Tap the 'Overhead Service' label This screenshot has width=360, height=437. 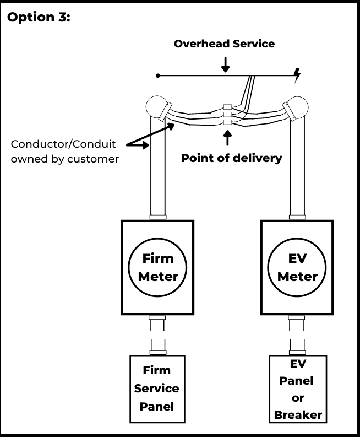[224, 44]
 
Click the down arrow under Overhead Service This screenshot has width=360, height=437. [225, 64]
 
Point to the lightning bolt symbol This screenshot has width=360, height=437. [298, 75]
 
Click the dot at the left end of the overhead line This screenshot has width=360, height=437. [158, 75]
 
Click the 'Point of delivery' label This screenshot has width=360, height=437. [231, 158]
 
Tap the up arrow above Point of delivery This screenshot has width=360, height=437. [227, 138]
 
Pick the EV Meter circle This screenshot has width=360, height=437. [298, 267]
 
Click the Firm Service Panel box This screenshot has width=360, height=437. [157, 389]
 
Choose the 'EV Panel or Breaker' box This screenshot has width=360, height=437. [298, 389]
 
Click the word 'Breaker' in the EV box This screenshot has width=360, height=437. [298, 414]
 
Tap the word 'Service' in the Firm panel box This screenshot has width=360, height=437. [157, 389]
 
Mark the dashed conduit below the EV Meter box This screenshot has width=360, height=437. [298, 335]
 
